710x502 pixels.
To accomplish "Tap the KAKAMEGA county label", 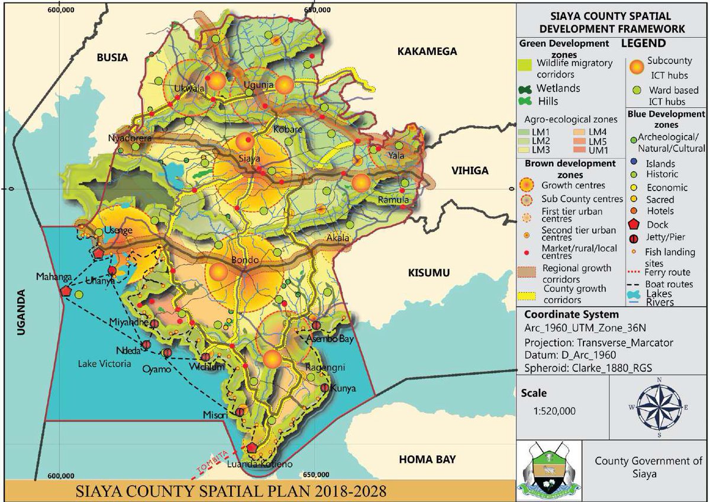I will (427, 52).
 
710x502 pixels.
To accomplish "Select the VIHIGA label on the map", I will (470, 171).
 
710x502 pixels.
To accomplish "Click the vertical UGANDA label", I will (23, 313).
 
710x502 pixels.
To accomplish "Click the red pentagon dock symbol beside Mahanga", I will (65, 291).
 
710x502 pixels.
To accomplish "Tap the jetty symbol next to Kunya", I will (325, 388).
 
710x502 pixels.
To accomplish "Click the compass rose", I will (659, 408).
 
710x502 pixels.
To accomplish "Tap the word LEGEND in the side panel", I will (643, 43).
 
